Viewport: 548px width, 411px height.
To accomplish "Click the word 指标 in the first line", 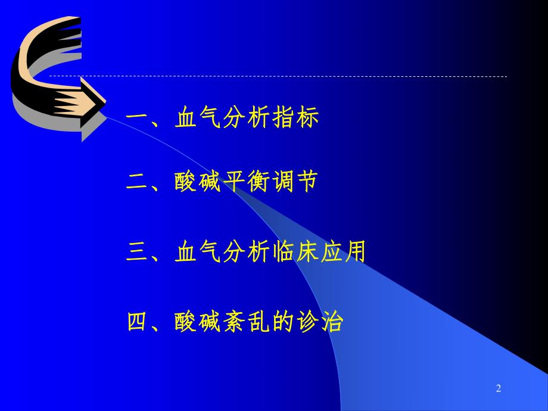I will click(295, 117).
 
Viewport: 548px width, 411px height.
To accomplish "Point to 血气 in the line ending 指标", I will click(198, 117).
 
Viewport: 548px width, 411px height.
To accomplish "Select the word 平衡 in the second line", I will click(247, 182).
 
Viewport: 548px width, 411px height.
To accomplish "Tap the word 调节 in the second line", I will click(295, 182).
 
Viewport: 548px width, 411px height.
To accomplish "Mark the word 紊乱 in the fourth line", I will click(247, 322).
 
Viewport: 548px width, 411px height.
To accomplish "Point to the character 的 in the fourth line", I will click(283, 322).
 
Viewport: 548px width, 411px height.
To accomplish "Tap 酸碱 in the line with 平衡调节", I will click(198, 182).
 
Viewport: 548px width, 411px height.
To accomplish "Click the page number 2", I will click(499, 389).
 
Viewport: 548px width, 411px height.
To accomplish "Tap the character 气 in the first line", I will click(210, 117).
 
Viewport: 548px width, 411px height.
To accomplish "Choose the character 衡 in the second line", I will click(259, 182).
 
